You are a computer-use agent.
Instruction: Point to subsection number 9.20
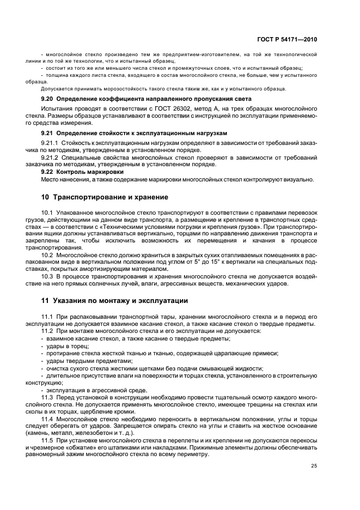point(48,99)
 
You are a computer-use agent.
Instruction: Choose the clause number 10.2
point(47,254)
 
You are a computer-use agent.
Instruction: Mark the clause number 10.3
point(47,276)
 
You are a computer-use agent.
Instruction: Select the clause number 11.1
point(47,317)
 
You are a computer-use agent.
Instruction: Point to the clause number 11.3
point(47,398)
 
